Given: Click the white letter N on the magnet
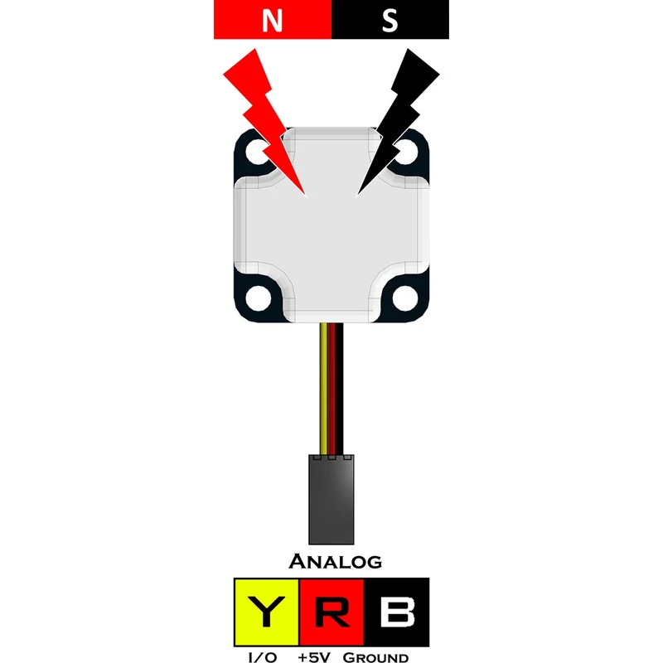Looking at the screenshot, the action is pyautogui.click(x=272, y=20).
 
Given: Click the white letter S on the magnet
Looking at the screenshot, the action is pyautogui.click(x=390, y=20).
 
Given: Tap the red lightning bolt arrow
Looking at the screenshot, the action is pyautogui.click(x=264, y=123).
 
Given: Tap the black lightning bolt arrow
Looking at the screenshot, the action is pyautogui.click(x=399, y=123).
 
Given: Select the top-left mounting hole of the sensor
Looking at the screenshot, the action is pyautogui.click(x=256, y=152).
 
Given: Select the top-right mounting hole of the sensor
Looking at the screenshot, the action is pyautogui.click(x=406, y=152).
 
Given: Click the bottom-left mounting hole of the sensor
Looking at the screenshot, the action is pyautogui.click(x=258, y=298).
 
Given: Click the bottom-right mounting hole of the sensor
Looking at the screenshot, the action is pyautogui.click(x=405, y=298).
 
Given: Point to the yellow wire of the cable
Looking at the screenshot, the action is pyautogui.click(x=324, y=389).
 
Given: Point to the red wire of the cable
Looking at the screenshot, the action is pyautogui.click(x=332, y=389).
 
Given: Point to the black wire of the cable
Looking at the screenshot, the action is pyautogui.click(x=340, y=389).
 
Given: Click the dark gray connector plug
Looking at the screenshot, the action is pyautogui.click(x=331, y=500).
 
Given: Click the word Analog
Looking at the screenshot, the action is pyautogui.click(x=336, y=562).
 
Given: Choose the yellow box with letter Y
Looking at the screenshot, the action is pyautogui.click(x=267, y=612).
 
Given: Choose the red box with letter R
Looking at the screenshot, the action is pyautogui.click(x=331, y=612).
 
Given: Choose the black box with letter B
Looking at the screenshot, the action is pyautogui.click(x=396, y=612).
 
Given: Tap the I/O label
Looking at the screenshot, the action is pyautogui.click(x=262, y=657).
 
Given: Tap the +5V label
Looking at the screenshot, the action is pyautogui.click(x=314, y=657).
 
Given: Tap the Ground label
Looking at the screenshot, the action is pyautogui.click(x=375, y=657).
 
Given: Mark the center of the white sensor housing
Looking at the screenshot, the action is pyautogui.click(x=331, y=225).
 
